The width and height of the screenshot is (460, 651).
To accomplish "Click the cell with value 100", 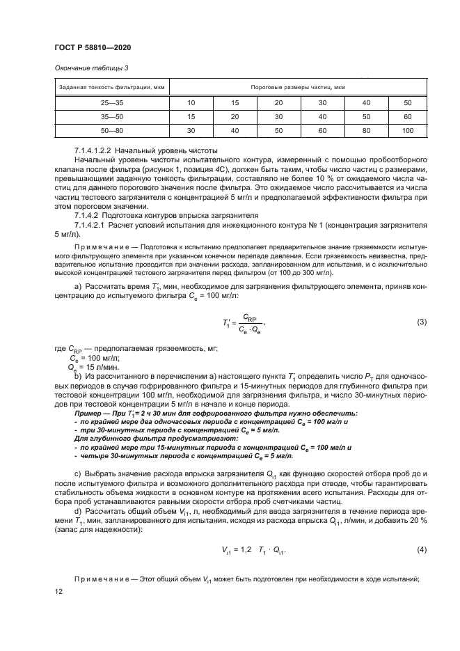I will pos(408,130).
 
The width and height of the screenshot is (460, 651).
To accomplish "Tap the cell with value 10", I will pos(190,103).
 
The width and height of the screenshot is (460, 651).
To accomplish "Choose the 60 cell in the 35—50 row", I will pos(408,116).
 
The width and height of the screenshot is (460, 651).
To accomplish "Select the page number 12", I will pos(58,590).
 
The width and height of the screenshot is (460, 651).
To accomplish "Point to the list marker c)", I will pos(77,473).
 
